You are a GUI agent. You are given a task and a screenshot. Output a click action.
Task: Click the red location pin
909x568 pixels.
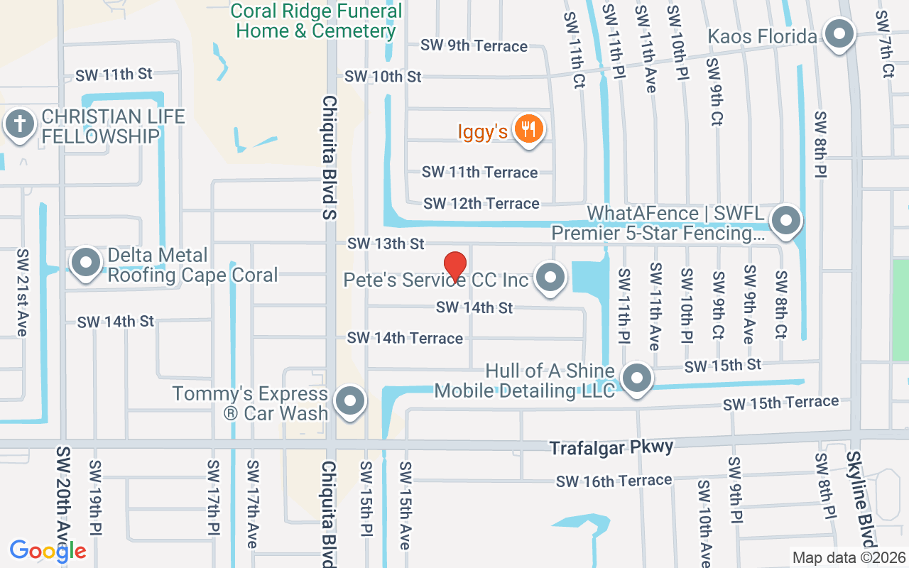(x=454, y=266)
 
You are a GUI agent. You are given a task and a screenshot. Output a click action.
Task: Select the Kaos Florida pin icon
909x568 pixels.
(x=839, y=34)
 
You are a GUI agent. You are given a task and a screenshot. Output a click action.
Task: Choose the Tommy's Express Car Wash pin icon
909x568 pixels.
(x=349, y=401)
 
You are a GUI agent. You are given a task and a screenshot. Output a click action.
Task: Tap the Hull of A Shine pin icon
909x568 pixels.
(x=637, y=378)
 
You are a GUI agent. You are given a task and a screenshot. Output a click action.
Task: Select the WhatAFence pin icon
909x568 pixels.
(x=785, y=220)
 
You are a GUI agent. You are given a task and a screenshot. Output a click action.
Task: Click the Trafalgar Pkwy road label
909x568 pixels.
(x=611, y=447)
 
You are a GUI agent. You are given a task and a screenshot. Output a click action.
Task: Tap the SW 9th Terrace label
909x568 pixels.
(x=474, y=46)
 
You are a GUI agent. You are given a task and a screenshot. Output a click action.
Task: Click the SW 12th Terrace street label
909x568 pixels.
(x=481, y=204)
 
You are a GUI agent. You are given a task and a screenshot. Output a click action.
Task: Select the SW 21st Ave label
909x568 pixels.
(x=23, y=293)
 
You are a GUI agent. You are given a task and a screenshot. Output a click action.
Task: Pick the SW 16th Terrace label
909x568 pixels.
(x=614, y=481)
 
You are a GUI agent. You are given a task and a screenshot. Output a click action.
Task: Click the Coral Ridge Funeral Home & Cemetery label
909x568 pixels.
(x=317, y=21)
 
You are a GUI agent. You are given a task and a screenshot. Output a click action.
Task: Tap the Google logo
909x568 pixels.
(x=48, y=551)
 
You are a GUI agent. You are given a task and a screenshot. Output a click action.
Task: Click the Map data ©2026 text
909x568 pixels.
(x=849, y=558)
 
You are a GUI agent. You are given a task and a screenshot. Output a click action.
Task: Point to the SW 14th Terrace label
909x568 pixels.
(x=405, y=338)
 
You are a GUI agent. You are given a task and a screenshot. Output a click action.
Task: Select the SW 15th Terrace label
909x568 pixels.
(x=780, y=403)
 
